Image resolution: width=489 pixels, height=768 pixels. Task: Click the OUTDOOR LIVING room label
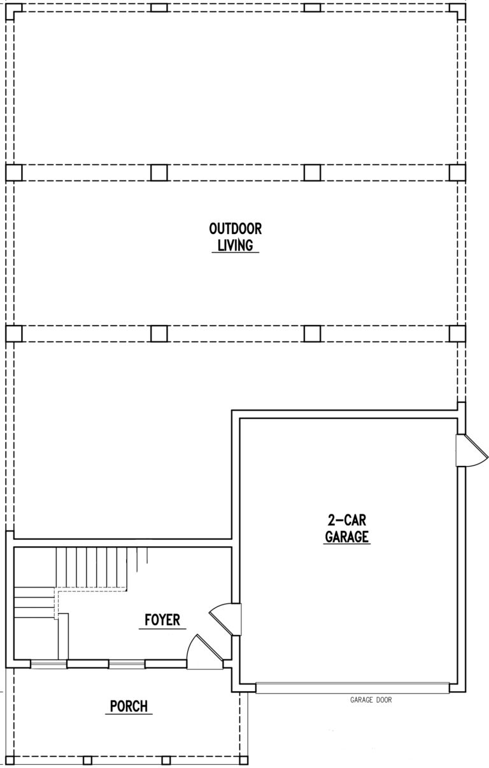point(236,237)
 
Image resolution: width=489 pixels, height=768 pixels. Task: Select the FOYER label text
point(162,620)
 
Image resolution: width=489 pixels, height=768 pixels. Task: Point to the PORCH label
point(129,706)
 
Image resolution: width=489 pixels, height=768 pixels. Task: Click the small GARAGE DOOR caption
point(371,700)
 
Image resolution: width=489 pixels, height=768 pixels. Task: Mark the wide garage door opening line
point(352,688)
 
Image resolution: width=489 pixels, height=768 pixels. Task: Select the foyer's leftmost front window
point(49,664)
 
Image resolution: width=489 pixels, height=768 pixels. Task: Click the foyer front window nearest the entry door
point(127,664)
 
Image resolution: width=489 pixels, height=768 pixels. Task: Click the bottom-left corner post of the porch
point(10,760)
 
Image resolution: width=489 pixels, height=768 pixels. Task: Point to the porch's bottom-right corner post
point(244,760)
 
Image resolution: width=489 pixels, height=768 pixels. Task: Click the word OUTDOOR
point(236,229)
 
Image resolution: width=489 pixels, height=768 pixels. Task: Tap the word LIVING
point(236,245)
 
